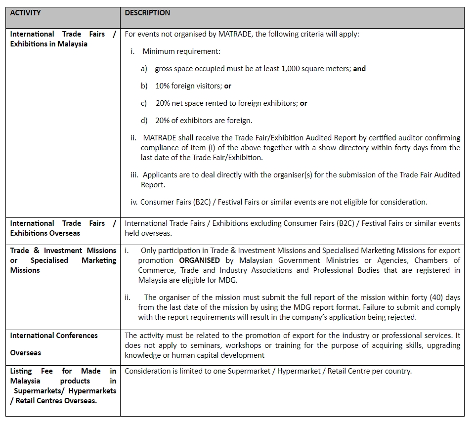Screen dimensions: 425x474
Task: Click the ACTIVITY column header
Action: click(x=25, y=13)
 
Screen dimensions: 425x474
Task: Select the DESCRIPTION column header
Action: click(x=147, y=13)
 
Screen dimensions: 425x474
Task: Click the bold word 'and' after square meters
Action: click(x=359, y=69)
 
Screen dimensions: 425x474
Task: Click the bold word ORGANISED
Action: click(x=200, y=260)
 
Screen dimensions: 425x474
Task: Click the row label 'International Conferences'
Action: click(x=54, y=336)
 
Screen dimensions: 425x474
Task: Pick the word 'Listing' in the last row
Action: click(x=21, y=371)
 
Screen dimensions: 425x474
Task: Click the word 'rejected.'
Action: click(x=401, y=317)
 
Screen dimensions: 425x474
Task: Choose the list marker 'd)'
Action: click(x=144, y=121)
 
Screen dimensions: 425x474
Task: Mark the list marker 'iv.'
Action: click(x=134, y=202)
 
